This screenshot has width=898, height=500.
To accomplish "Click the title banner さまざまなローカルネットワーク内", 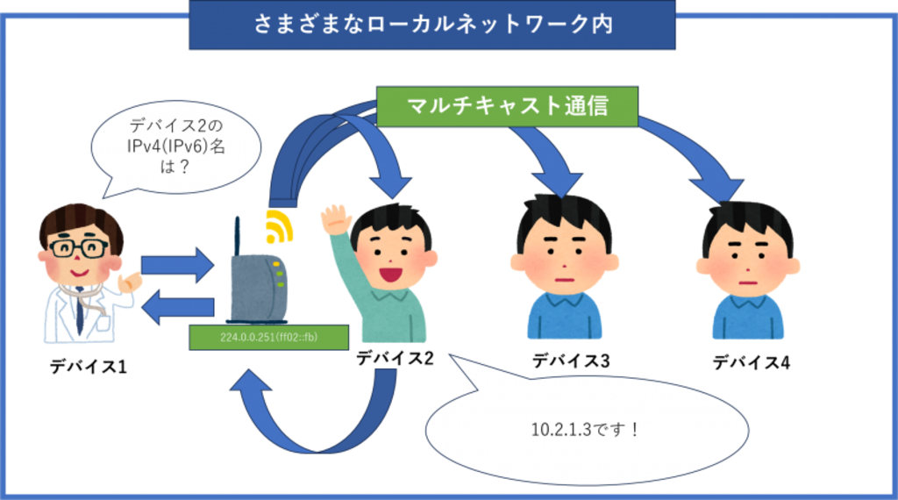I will (x=432, y=25).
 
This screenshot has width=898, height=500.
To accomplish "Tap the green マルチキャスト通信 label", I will (x=508, y=105).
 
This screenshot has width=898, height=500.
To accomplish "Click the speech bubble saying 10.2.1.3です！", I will (x=586, y=430).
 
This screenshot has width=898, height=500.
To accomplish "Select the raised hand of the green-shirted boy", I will (x=333, y=218).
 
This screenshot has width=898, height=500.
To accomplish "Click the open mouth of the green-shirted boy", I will (x=389, y=273).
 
